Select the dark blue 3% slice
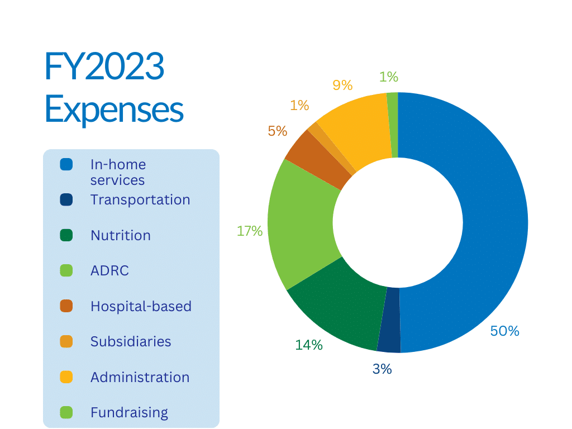point(389,320)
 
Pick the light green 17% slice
point(302,223)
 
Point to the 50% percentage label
point(504,331)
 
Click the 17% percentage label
point(249,231)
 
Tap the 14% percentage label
point(309,345)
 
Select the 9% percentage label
point(342,85)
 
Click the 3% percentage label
point(382,369)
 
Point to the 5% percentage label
point(277,131)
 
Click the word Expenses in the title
point(114,109)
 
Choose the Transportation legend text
point(140,199)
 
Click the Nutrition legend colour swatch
point(66,235)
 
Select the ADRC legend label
point(109,271)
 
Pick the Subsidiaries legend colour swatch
point(66,341)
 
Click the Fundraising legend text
point(129,413)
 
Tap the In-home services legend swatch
point(66,165)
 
